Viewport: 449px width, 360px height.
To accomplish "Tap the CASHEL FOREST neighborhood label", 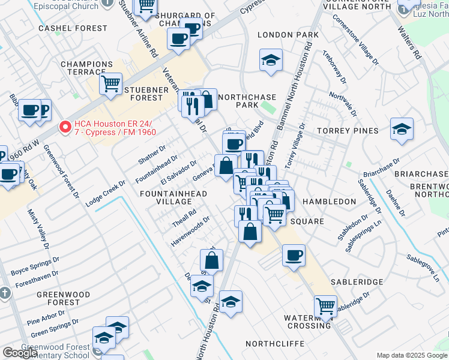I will (x=64, y=28).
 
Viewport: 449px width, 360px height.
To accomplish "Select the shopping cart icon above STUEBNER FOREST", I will (x=110, y=84).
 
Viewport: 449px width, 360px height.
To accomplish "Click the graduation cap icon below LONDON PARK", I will (x=271, y=60).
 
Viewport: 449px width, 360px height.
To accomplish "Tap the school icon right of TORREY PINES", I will (x=402, y=129).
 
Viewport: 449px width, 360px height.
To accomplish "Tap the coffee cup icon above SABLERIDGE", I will (x=294, y=255).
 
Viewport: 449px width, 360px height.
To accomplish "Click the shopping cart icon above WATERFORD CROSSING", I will (x=325, y=306).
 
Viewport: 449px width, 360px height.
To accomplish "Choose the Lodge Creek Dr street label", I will (x=106, y=194).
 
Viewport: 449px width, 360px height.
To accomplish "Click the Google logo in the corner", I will (x=20, y=352).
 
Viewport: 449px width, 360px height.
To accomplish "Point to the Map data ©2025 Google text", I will (x=411, y=355).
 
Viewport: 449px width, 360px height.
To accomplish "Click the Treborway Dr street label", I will (x=334, y=71).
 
